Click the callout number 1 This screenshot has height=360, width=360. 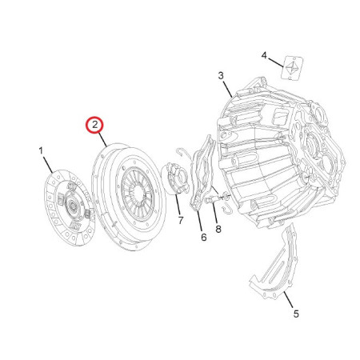tap(41, 151)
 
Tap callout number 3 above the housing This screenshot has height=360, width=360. tap(221, 76)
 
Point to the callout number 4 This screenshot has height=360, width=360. tap(264, 56)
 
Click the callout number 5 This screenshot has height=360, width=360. tap(296, 314)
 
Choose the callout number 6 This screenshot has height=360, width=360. tap(204, 237)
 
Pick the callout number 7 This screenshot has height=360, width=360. tap(181, 220)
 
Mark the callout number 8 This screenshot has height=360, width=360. tap(218, 229)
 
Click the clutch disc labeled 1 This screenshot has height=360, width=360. tap(70, 207)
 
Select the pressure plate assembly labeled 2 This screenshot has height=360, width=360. tap(129, 197)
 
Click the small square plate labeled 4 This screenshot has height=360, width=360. tap(291, 67)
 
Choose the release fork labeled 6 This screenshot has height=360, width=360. tap(202, 174)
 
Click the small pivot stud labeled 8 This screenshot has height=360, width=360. tap(213, 199)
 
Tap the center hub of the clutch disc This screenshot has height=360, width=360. tap(72, 206)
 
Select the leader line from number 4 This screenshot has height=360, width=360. tap(275, 62)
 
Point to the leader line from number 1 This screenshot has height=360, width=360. tap(48, 165)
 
